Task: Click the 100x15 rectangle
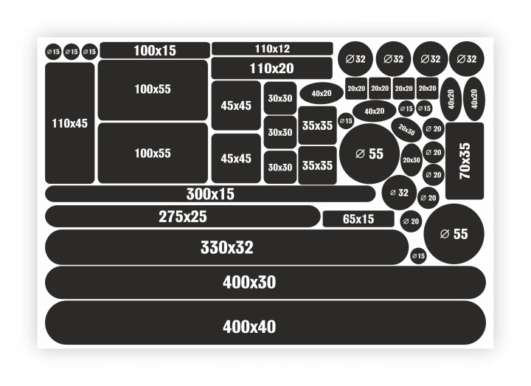(x=155, y=50)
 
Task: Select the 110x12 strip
(x=272, y=49)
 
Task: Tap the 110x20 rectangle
(x=271, y=68)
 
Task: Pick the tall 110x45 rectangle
(x=70, y=123)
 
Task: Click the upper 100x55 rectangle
(x=153, y=89)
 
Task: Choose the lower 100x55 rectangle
(x=153, y=153)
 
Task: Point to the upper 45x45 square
(x=236, y=106)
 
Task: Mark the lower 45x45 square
(x=236, y=158)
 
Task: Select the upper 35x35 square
(x=317, y=125)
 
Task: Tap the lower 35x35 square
(x=317, y=165)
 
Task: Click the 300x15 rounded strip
(x=210, y=194)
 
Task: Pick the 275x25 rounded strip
(x=183, y=216)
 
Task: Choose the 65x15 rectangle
(x=358, y=219)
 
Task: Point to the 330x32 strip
(x=226, y=247)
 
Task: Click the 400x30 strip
(x=265, y=282)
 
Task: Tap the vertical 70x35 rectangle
(x=465, y=160)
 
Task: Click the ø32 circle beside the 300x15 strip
(x=399, y=193)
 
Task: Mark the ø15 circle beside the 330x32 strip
(x=418, y=255)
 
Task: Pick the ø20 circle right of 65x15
(x=411, y=221)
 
